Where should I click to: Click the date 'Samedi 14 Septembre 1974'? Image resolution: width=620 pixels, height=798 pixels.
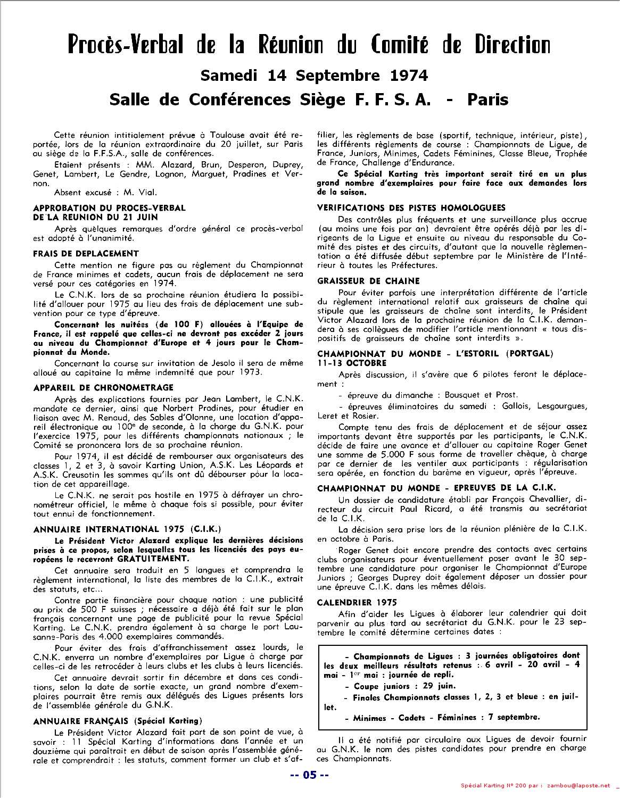313,76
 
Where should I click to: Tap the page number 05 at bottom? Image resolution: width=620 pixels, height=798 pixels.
309,775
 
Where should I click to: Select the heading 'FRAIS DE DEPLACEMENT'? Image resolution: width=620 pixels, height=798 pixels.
86,254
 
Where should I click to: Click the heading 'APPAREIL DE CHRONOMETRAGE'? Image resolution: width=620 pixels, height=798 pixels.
103,387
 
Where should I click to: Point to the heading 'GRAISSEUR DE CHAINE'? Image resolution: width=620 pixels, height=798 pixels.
368,280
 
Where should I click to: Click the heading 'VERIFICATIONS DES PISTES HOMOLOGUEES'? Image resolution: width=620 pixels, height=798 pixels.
411,207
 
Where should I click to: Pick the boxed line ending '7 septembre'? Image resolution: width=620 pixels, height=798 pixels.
442,717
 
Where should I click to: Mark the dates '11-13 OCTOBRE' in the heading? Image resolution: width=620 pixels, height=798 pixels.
352,363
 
